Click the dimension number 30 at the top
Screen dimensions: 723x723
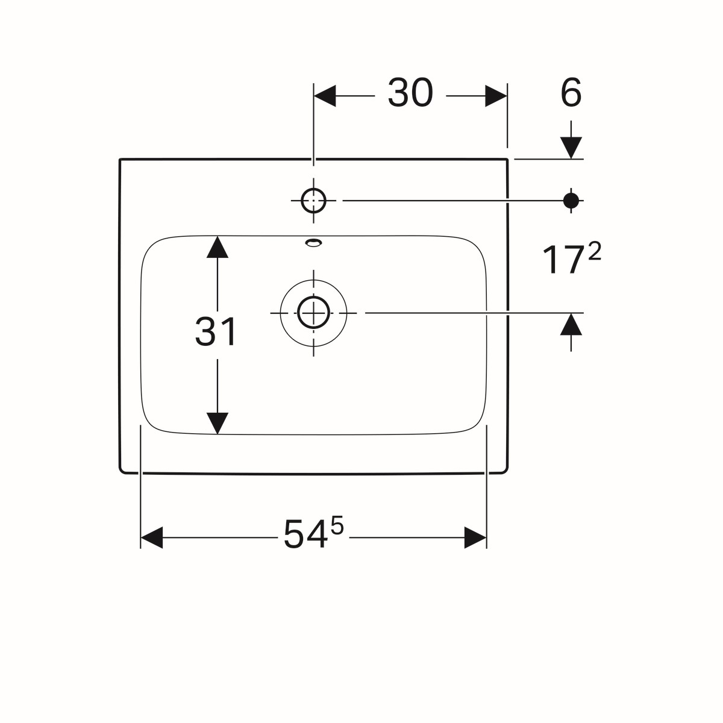(x=410, y=93)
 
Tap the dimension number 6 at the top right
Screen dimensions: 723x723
(x=571, y=93)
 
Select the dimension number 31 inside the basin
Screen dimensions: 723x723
(x=215, y=331)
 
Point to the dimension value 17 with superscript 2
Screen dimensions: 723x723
(x=571, y=259)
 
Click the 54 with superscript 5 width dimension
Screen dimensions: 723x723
(x=313, y=533)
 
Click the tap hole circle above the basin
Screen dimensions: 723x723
(x=313, y=201)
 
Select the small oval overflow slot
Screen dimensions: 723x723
(x=314, y=242)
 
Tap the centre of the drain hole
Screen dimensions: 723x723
(x=313, y=313)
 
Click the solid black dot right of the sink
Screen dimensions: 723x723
(x=571, y=201)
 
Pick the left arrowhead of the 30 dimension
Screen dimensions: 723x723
(x=325, y=96)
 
